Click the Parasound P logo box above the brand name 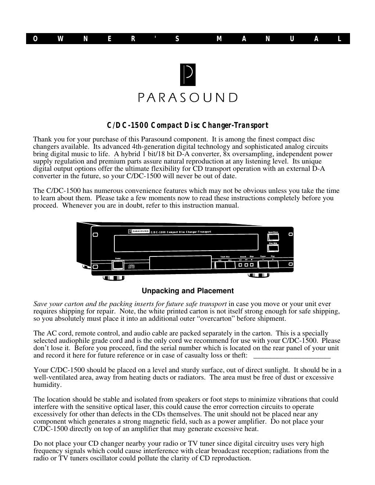(x=187, y=75)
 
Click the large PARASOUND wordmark (x=187, y=97)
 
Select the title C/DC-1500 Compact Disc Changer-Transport (x=187, y=126)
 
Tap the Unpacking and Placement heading (x=187, y=291)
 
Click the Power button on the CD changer (x=118, y=265)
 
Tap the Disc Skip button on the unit (x=273, y=248)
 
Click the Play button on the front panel (x=273, y=264)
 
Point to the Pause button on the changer (x=263, y=264)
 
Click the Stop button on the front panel (x=252, y=265)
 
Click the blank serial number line (x=292, y=356)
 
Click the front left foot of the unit (x=114, y=278)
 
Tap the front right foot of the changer (x=259, y=275)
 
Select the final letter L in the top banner (x=340, y=39)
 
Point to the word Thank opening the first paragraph (x=42, y=139)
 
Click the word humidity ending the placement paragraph (x=47, y=385)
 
